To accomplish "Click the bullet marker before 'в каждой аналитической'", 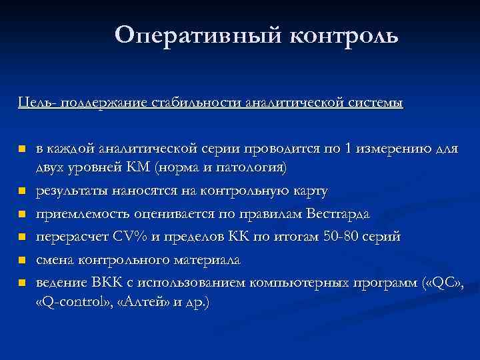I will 23,149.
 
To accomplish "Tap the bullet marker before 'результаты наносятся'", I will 23,192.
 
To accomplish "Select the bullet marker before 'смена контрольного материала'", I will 23,260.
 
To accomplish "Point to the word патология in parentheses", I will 254,168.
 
